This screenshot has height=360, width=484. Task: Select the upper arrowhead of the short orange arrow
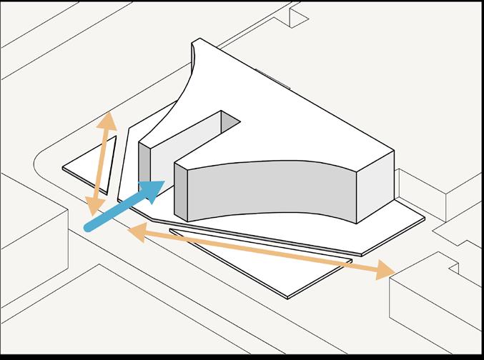click(x=108, y=121)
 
